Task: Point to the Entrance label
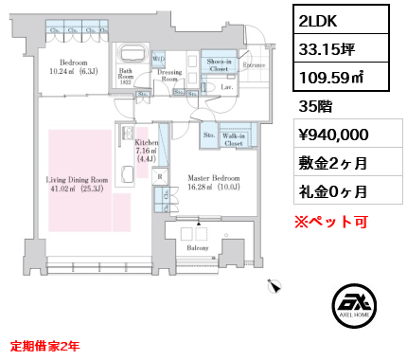tap(253, 65)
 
